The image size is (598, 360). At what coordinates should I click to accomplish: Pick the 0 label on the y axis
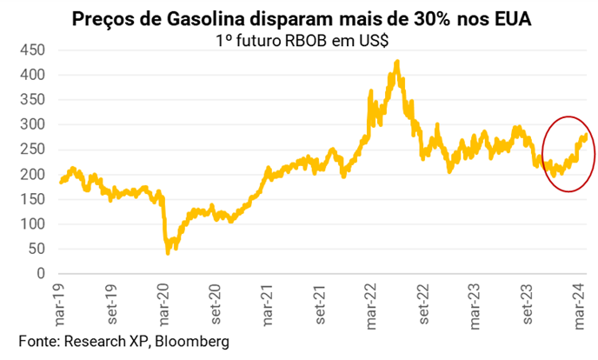(x=40, y=274)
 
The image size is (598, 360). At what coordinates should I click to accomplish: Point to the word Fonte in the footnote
(x=39, y=342)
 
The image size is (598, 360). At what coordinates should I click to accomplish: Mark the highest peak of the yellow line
(x=397, y=62)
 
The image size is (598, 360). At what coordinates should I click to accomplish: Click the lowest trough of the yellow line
(x=167, y=253)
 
